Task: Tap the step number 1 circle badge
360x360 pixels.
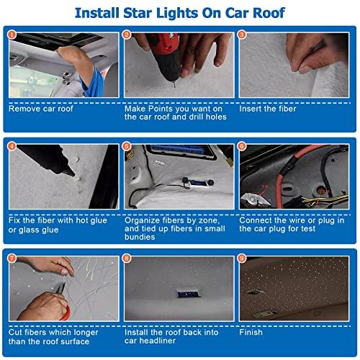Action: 11,34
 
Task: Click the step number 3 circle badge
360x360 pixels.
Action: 242,34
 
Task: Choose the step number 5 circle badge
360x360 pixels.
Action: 127,146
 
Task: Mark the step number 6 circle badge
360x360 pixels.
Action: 242,146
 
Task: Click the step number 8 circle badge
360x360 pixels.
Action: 127,257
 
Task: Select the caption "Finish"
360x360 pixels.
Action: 251,332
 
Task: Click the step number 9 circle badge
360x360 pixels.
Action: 242,257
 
